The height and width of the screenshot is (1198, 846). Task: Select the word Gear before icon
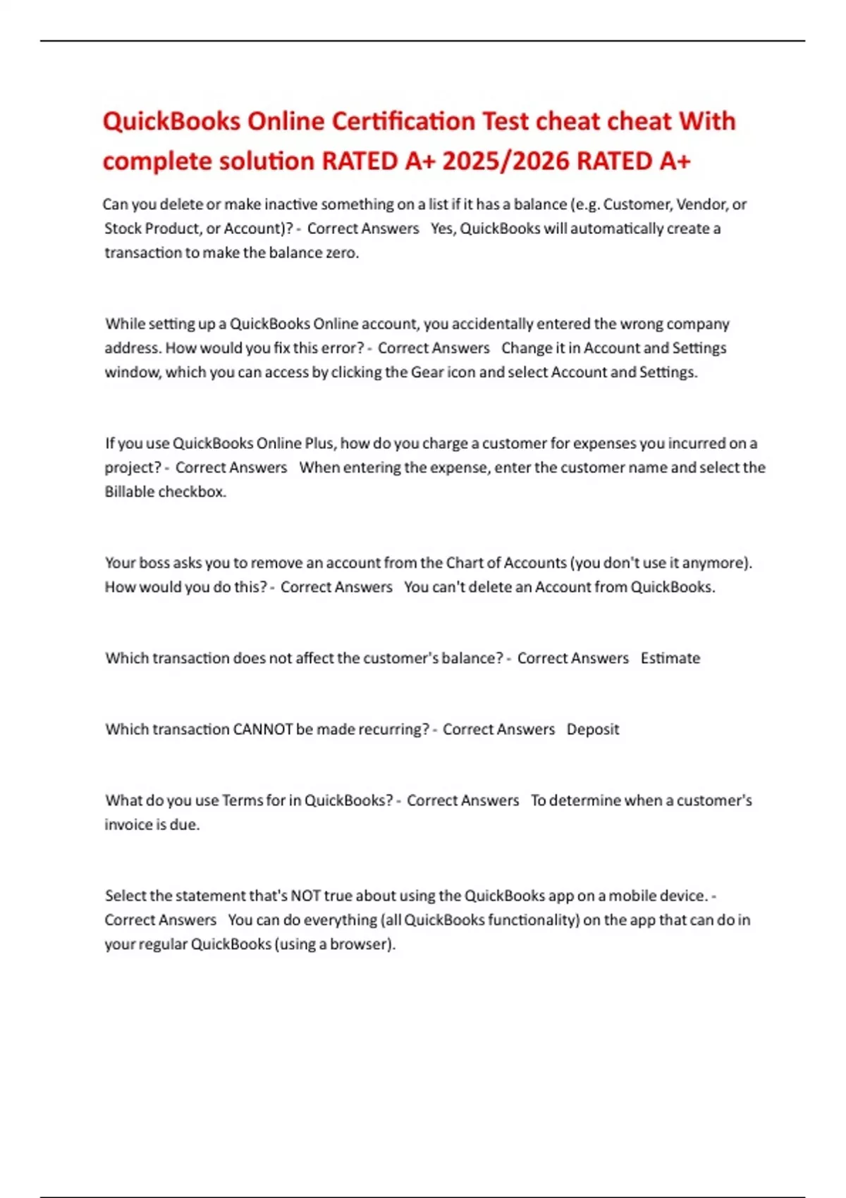[427, 372]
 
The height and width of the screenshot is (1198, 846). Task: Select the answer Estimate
[670, 658]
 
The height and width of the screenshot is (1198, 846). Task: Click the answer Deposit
[592, 729]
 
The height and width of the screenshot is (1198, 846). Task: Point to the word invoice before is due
[128, 825]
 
